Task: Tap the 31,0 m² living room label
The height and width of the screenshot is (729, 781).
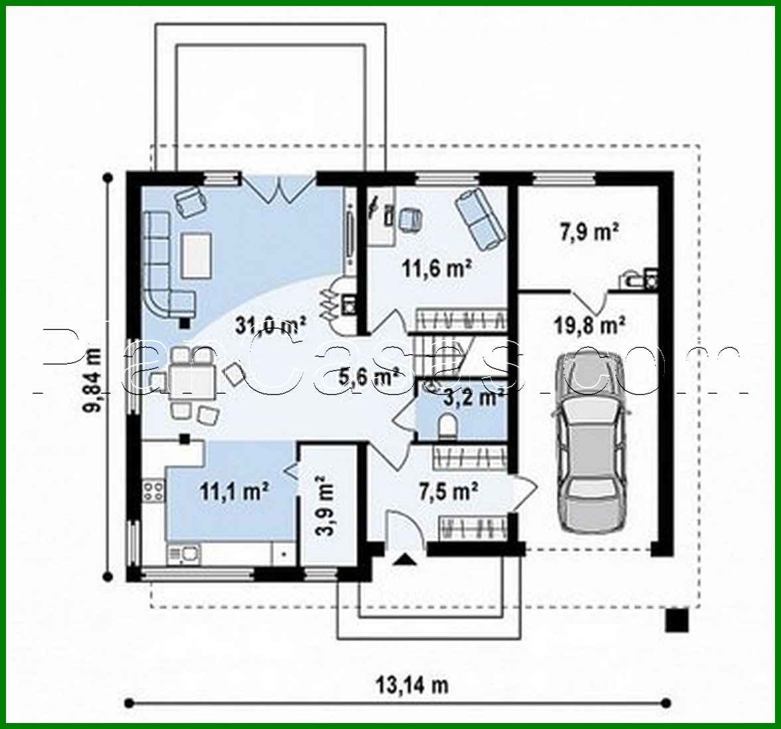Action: coord(270,325)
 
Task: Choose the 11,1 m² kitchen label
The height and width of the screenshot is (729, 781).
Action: coord(234,491)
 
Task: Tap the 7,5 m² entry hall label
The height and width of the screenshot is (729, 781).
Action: coord(448,491)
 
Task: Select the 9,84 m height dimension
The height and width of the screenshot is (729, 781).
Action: coord(94,378)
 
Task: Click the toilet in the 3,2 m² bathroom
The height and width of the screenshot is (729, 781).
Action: coord(448,426)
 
